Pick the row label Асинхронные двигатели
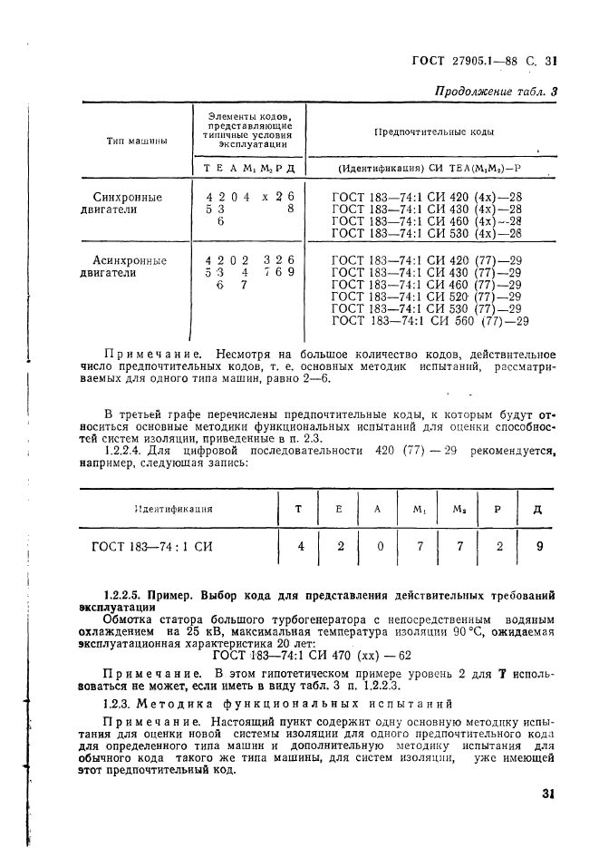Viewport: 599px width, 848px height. pyautogui.click(x=130, y=266)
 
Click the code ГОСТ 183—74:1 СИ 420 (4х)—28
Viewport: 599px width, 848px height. pyautogui.click(x=427, y=196)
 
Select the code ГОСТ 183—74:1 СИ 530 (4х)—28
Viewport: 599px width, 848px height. pyautogui.click(x=427, y=233)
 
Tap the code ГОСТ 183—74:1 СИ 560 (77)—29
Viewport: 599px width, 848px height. pyautogui.click(x=430, y=320)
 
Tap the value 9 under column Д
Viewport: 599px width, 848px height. pyautogui.click(x=537, y=547)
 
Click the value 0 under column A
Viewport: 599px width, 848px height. pyautogui.click(x=377, y=547)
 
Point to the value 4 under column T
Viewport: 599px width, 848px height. pyautogui.click(x=299, y=547)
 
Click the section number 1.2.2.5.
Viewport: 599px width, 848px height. pyautogui.click(x=128, y=596)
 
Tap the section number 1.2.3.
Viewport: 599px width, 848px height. pyautogui.click(x=120, y=702)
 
